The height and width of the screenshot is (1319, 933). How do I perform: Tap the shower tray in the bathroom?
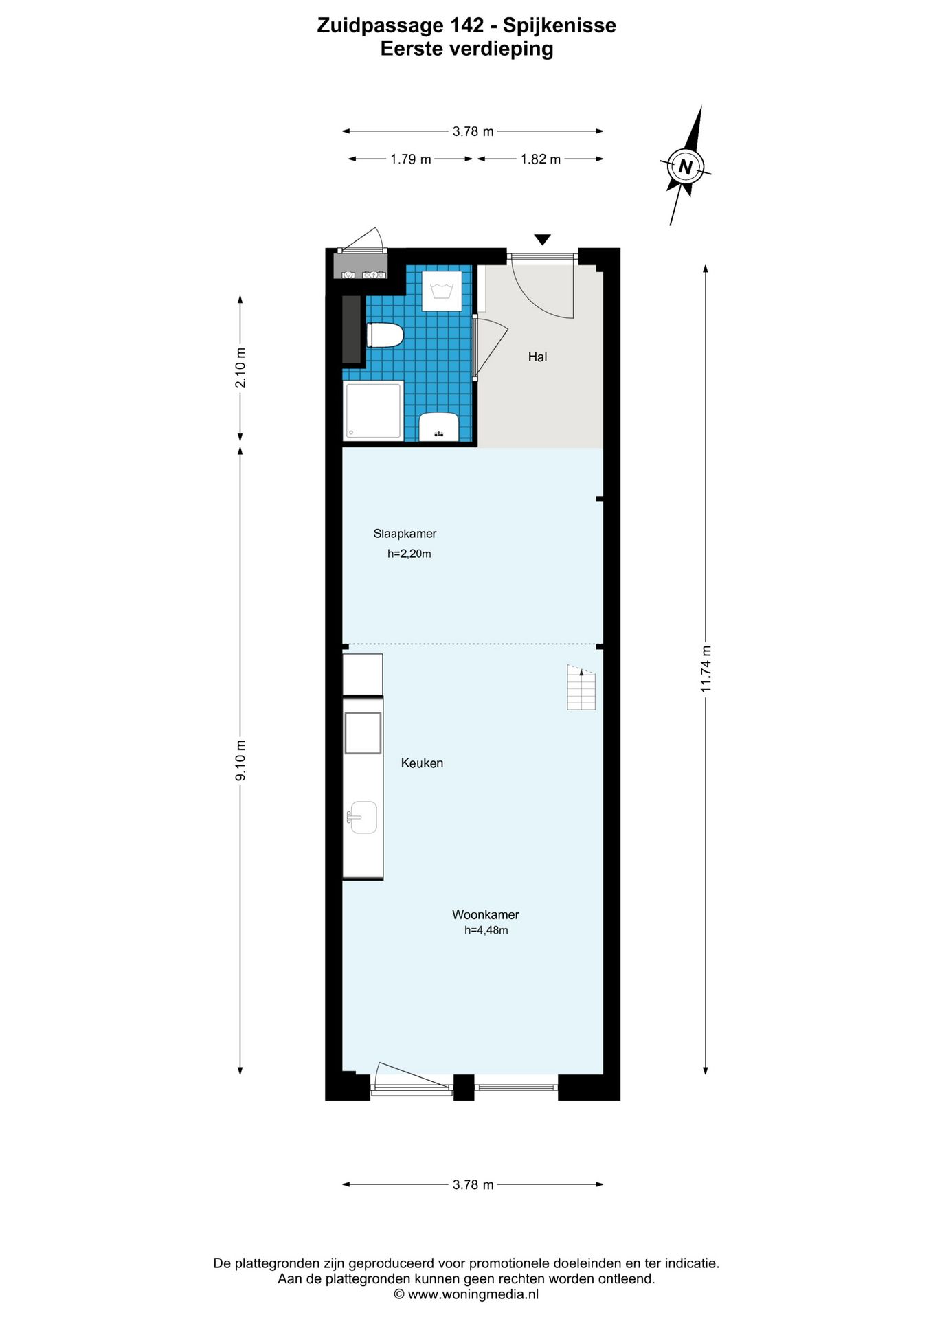coord(372,410)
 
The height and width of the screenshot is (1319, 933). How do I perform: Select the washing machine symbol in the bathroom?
coord(440,291)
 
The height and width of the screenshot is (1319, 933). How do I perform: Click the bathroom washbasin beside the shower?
coord(439,427)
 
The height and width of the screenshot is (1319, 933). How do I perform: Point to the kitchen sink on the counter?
coord(362,818)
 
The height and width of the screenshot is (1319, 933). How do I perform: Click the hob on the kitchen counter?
coord(363,733)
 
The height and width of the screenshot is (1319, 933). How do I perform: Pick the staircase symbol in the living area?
coord(581,688)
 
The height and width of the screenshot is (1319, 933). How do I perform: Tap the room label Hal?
coord(537,357)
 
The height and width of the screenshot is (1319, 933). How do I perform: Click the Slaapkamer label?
coord(405,534)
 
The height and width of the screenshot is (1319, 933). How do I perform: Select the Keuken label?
coord(422,763)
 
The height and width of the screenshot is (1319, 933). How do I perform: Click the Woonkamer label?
coord(485,915)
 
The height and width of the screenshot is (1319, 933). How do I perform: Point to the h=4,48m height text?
coord(486,931)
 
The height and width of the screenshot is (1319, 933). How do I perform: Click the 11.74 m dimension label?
coord(706,669)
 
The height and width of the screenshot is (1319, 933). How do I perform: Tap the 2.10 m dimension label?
coord(240,368)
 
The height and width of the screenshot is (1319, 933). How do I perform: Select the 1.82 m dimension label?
coord(541,159)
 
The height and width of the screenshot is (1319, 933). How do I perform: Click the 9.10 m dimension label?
coord(240,760)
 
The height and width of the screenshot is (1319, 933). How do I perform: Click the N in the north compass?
coord(685,167)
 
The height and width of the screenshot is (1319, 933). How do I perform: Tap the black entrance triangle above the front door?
coord(543,240)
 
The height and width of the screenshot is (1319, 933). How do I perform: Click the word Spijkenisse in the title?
coord(559,26)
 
